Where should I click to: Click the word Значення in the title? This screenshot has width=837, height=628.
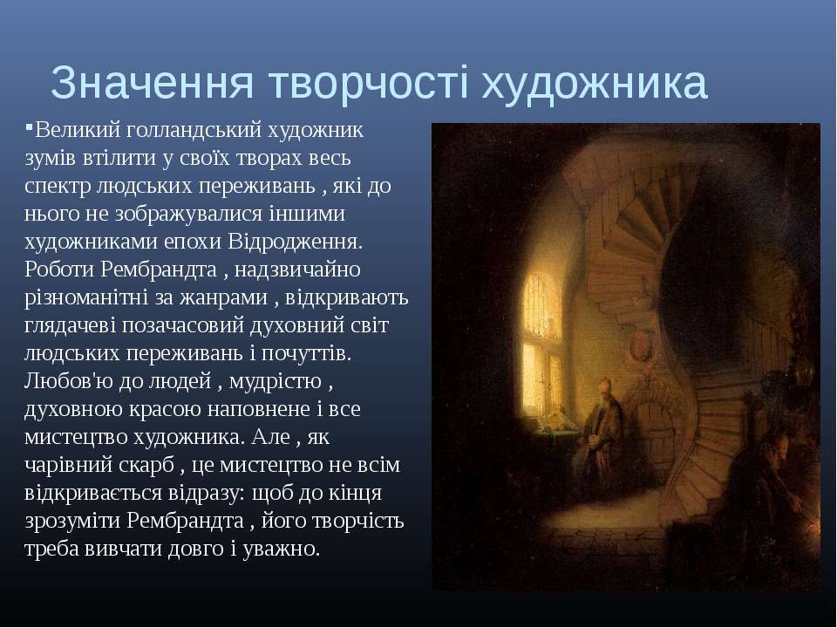152,83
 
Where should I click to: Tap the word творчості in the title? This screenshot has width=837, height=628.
368,83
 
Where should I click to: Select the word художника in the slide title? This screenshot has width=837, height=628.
595,83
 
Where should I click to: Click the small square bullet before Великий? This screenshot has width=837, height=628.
29,126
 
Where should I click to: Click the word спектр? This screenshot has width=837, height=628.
58,187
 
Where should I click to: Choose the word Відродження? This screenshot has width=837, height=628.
296,242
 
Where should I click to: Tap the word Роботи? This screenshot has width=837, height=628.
58,270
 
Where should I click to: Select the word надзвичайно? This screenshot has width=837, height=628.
297,270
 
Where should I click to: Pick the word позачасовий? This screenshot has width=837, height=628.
182,326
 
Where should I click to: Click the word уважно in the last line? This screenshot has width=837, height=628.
281,549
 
